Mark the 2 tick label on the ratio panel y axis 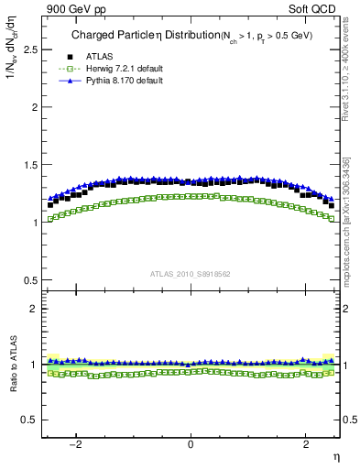pyautogui.click(x=34, y=309)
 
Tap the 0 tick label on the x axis pyautogui.click(x=191, y=443)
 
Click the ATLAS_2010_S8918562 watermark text pyautogui.click(x=190, y=274)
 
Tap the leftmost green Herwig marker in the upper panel pyautogui.click(x=49, y=219)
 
